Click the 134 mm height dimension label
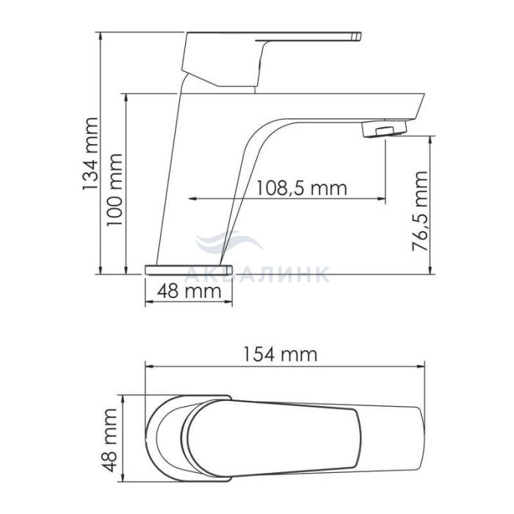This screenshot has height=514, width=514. tap(90, 153)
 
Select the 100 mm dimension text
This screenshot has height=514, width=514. tap(115, 189)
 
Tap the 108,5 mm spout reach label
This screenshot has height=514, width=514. tap(301, 188)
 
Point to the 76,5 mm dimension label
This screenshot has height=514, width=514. tap(420, 211)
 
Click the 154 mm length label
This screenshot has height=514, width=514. tap(280, 354)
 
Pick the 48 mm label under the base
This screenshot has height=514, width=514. tap(189, 291)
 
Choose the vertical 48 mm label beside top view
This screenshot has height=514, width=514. tap(109, 440)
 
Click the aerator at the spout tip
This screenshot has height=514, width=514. tap(384, 128)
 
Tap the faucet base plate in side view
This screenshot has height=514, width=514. tap(189, 269)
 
